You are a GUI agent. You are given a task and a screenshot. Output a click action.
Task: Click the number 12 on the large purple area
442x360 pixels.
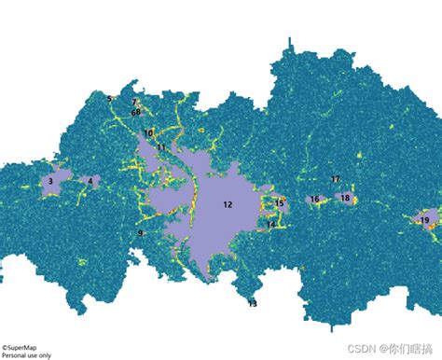pyautogui.click(x=228, y=203)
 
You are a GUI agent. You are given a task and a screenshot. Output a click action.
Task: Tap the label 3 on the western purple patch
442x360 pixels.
pyautogui.click(x=49, y=181)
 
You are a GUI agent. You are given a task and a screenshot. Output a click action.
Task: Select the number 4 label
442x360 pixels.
pyautogui.click(x=90, y=181)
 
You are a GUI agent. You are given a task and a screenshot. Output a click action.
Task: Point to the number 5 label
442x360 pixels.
pyautogui.click(x=109, y=99)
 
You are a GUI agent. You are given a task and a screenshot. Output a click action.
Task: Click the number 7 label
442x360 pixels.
pyautogui.click(x=134, y=102)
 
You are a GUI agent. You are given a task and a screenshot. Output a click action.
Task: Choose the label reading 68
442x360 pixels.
pyautogui.click(x=136, y=112)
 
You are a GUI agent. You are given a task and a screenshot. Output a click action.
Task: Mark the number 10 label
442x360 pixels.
pyautogui.click(x=149, y=133)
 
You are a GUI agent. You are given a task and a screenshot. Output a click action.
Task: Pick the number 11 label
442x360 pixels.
pyautogui.click(x=161, y=147)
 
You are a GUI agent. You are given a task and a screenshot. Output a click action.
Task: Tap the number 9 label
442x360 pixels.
pyautogui.click(x=141, y=233)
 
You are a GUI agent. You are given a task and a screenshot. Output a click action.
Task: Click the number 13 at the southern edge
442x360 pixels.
pyautogui.click(x=253, y=303)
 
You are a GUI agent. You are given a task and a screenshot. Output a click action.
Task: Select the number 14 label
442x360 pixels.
pyautogui.click(x=271, y=224)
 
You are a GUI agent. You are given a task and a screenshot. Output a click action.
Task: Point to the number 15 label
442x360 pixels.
pyautogui.click(x=279, y=202)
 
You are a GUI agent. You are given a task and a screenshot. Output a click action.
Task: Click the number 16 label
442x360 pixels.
pyautogui.click(x=314, y=200)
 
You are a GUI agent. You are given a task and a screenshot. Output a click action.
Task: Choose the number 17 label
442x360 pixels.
pyautogui.click(x=336, y=179)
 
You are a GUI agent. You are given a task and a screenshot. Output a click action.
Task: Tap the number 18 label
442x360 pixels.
pyautogui.click(x=345, y=198)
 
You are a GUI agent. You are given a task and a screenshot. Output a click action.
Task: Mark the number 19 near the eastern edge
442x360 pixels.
pyautogui.click(x=424, y=220)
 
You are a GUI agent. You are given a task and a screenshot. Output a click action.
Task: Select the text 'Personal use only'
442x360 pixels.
pyautogui.click(x=27, y=355)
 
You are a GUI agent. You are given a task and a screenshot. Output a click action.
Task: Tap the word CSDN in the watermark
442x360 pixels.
pyautogui.click(x=361, y=348)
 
